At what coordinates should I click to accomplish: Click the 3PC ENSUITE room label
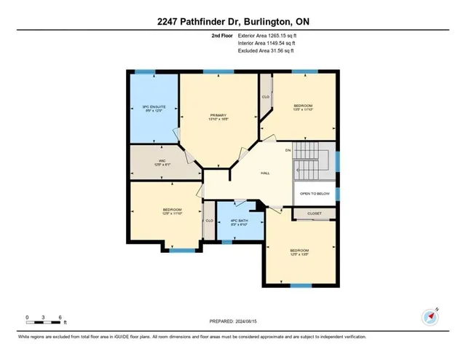(154, 107)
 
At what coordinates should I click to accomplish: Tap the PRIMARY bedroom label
(219, 115)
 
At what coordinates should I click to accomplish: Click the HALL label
(266, 173)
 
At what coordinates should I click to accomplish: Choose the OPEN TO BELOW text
(315, 194)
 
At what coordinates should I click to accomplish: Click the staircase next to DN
(314, 157)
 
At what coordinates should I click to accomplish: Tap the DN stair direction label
(288, 150)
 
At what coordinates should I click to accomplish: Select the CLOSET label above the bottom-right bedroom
(314, 214)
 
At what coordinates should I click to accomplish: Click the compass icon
(429, 317)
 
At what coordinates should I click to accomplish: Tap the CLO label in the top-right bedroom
(266, 95)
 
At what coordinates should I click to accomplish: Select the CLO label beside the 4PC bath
(209, 221)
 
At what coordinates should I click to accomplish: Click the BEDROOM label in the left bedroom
(172, 210)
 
